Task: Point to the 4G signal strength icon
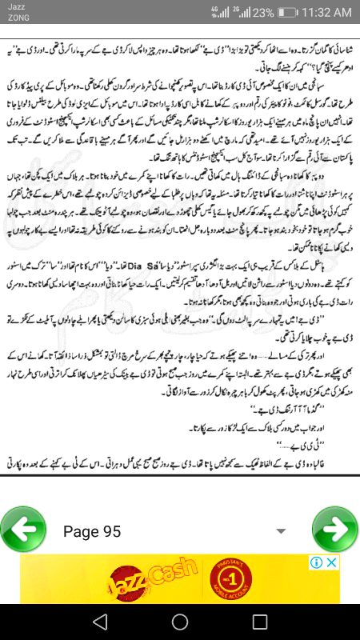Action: [x=217, y=13]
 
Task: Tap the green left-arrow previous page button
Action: [x=23, y=530]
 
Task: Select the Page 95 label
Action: [x=92, y=531]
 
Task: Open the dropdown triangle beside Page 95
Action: [x=280, y=531]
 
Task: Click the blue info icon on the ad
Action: [x=316, y=562]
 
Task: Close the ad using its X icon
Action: [x=331, y=562]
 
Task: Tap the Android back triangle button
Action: [x=99, y=621]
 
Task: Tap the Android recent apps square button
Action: [x=259, y=621]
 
